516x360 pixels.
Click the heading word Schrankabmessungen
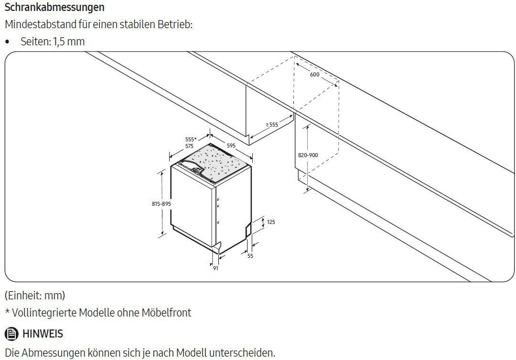tap(54, 7)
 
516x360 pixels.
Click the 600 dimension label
tap(314, 74)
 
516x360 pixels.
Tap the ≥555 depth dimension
tap(272, 125)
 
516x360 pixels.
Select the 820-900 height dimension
tap(308, 155)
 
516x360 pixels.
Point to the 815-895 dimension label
tap(161, 204)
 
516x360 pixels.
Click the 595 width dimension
tap(231, 145)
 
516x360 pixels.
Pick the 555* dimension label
tap(191, 139)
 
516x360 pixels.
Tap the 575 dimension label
tap(189, 146)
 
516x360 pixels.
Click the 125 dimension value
tap(271, 222)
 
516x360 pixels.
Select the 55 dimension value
tap(250, 256)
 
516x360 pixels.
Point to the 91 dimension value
tap(215, 268)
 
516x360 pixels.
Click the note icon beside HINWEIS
tap(11, 334)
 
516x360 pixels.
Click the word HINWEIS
tap(43, 334)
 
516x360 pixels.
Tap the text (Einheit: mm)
tap(35, 296)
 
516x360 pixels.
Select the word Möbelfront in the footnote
tap(166, 313)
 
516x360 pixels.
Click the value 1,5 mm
tap(69, 42)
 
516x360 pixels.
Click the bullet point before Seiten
tap(8, 42)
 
